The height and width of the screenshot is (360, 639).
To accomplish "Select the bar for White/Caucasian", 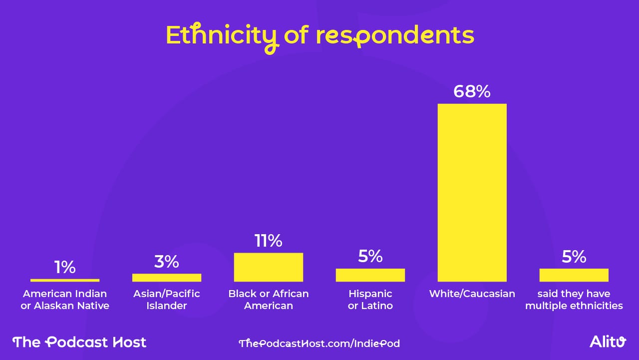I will point(472,192).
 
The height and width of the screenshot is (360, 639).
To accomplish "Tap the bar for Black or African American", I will point(268,267).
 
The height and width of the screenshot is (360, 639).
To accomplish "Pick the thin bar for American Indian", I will point(65,280).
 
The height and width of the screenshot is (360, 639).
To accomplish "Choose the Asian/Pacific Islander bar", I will point(167,278).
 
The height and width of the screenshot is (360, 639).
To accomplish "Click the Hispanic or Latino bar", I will point(370,275).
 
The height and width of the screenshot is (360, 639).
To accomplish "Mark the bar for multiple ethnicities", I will point(574,275).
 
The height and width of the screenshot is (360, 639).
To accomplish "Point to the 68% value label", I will point(472,91).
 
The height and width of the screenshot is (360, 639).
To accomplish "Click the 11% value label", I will point(268,241).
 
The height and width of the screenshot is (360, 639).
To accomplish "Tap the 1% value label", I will point(65,267).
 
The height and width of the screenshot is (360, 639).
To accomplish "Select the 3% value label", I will point(167,261).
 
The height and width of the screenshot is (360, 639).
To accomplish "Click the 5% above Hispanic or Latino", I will point(370,256).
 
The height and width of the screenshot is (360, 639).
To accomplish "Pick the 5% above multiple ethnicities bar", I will point(574,256).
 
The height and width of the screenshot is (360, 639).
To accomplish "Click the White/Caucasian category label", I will point(472,294).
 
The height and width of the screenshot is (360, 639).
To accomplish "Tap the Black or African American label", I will point(268,300).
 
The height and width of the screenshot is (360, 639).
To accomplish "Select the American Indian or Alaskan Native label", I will point(65,300).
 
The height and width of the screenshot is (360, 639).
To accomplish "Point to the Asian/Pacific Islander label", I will point(167,300).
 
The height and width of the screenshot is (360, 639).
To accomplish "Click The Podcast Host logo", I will point(79,342).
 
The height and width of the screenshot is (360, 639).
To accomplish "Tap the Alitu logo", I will point(608,342).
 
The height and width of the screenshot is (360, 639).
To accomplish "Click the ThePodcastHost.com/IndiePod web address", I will point(319,344).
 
